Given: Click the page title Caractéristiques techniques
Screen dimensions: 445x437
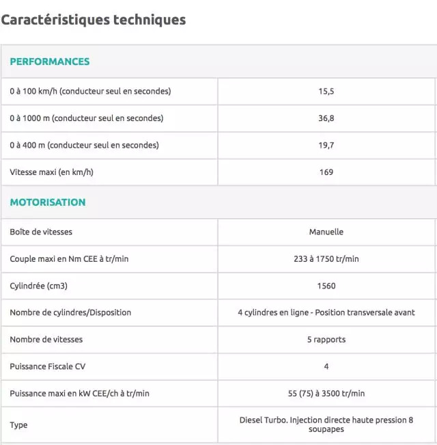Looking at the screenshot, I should (94, 20).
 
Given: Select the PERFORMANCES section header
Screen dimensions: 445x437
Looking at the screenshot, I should (49, 62).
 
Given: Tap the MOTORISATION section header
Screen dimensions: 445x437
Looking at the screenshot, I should (48, 202).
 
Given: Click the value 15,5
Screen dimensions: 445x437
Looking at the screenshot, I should (326, 91).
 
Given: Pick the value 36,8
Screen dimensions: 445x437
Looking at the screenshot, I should (326, 118).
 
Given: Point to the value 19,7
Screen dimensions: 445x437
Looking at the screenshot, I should (326, 145).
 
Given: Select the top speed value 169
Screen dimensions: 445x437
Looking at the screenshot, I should (326, 172).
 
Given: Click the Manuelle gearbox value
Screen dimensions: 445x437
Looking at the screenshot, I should (326, 232).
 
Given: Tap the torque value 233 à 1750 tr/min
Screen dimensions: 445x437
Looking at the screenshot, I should (326, 259).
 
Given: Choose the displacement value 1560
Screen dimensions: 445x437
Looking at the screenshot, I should (326, 286).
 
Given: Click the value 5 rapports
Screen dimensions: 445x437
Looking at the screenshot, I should (326, 340).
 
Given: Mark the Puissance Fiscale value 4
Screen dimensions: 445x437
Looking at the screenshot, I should (326, 366).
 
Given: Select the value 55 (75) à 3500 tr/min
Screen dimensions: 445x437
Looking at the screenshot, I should (326, 393).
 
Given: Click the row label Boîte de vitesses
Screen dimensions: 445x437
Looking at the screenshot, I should (41, 232).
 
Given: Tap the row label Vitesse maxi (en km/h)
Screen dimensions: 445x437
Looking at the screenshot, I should (51, 172).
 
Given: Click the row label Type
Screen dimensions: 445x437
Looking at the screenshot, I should (18, 425).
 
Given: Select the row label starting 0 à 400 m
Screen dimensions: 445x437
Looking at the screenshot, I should (84, 145).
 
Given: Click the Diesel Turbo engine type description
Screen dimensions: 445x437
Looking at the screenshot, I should (326, 424).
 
